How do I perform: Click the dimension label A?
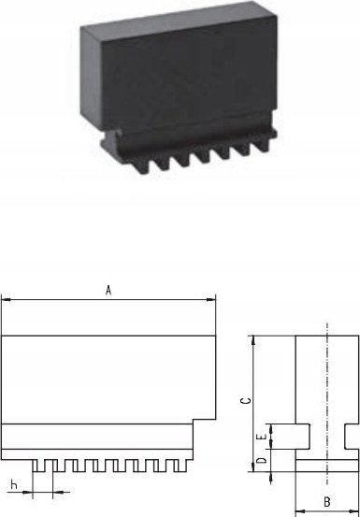click(x=108, y=291)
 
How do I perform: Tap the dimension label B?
click(x=327, y=502)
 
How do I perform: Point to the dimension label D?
click(x=262, y=460)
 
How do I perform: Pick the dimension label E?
click(x=262, y=437)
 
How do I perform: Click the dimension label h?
click(x=14, y=484)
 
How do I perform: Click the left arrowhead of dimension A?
click(x=6, y=300)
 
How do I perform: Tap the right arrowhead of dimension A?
click(x=211, y=300)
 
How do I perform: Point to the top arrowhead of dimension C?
click(x=253, y=340)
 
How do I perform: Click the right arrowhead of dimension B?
click(x=354, y=512)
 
